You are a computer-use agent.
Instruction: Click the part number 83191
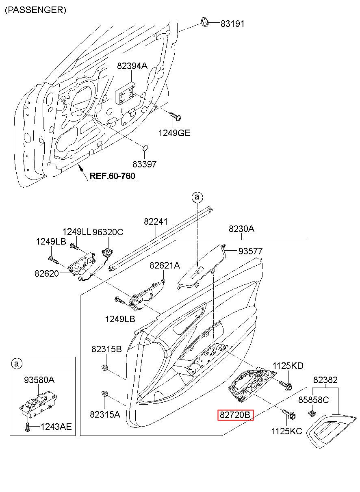[x=232, y=24]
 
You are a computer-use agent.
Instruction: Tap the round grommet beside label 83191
[x=205, y=22]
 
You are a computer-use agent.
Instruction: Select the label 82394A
[x=132, y=66]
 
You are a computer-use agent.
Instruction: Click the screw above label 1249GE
[x=175, y=117]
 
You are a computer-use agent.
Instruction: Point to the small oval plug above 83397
[x=145, y=148]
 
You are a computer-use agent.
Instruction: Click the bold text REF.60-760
[x=113, y=176]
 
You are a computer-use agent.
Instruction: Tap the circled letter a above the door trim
[x=197, y=197]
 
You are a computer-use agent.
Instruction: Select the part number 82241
[x=156, y=221]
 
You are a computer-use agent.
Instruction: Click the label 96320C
[x=108, y=232]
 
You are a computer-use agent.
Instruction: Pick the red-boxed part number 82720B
[x=235, y=415]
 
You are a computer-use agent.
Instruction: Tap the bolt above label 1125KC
[x=289, y=414]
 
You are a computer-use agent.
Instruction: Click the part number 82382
[x=325, y=380]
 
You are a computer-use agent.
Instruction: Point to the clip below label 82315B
[x=104, y=367]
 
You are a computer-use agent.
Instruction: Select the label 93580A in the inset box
[x=39, y=380]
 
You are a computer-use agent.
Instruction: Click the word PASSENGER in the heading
[x=35, y=10]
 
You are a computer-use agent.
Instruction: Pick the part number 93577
[x=251, y=251]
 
